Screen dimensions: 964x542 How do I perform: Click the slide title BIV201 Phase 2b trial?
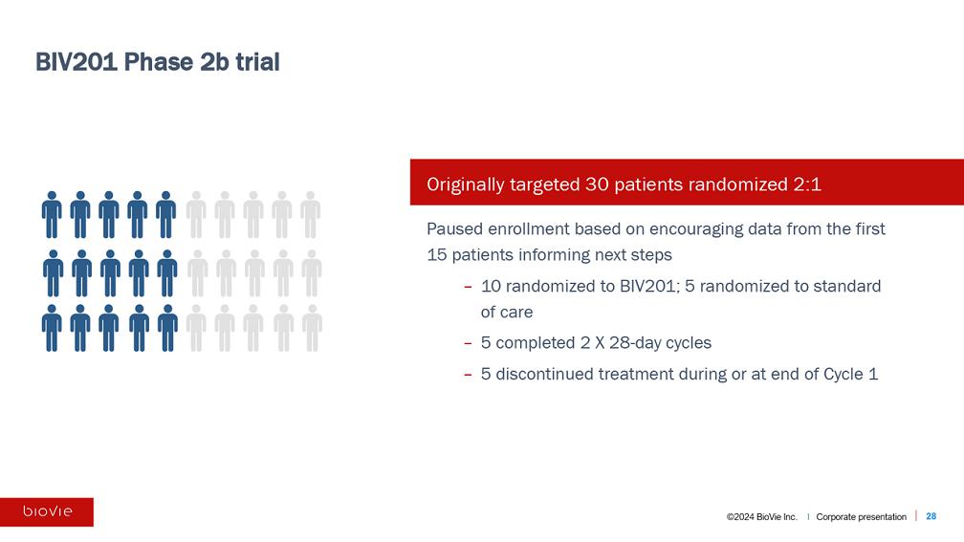(158, 62)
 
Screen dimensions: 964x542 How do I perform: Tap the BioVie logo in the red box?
(48, 511)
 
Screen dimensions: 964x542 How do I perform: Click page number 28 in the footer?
(931, 516)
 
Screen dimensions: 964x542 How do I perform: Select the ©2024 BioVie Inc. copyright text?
(761, 517)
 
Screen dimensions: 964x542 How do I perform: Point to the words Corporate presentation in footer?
(861, 517)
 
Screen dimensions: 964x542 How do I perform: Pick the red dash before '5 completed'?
(468, 343)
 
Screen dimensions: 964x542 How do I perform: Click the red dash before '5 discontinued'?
(468, 375)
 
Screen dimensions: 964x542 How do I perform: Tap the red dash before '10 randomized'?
(468, 287)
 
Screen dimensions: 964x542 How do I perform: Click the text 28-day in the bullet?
(630, 343)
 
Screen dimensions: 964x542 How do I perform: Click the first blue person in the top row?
(52, 214)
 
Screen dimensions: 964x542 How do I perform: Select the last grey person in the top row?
(311, 214)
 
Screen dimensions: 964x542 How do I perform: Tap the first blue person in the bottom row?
(52, 328)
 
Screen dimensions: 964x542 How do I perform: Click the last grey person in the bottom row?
(312, 328)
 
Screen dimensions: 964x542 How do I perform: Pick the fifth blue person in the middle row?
(167, 273)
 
